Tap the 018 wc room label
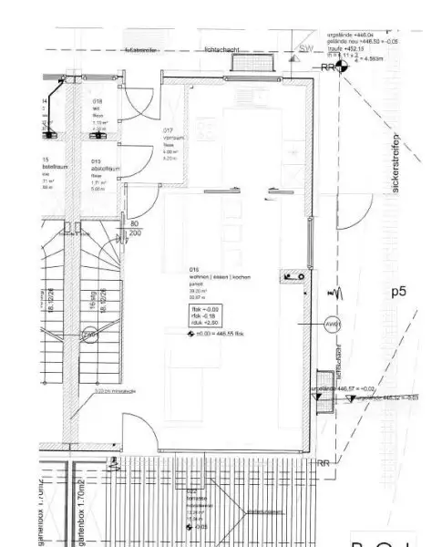coord(97,102)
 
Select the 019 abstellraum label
coord(96,162)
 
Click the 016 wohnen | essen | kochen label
coord(194,271)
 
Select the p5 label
coord(398,292)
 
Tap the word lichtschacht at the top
coord(222,50)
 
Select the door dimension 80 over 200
coord(134,228)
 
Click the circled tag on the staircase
coord(89,335)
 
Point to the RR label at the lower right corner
coord(324,463)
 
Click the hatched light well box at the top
coord(252,62)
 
